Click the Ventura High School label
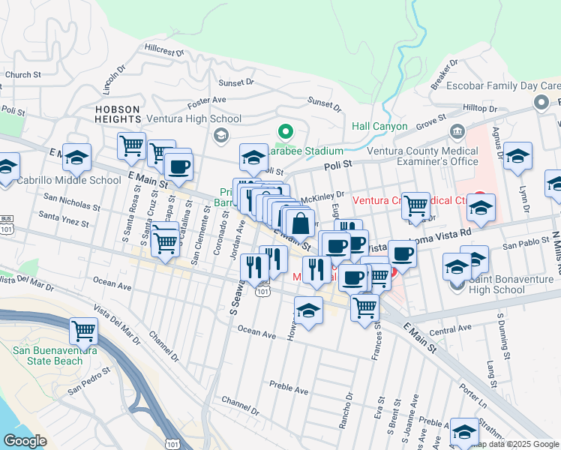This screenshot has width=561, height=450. coord(193,118)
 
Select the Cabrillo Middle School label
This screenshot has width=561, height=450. coord(69,180)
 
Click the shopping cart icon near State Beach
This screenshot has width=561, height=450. coord(83,330)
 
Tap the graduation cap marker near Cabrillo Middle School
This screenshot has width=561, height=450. coord(76,157)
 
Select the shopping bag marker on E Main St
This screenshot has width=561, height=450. coord(300,223)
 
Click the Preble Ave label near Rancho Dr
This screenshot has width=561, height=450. coord(289,390)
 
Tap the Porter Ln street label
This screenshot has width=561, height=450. coord(473,392)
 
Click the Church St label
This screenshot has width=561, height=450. coord(22,75)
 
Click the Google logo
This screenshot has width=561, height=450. coord(25,440)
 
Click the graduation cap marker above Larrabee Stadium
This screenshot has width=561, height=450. coord(253,158)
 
